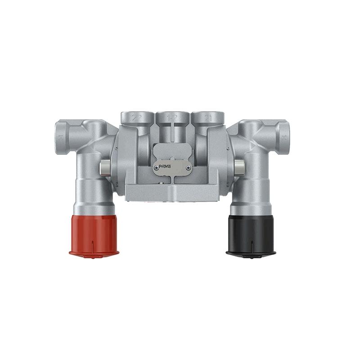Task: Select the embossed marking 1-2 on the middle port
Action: (x=173, y=118)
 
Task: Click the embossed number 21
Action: (x=208, y=118)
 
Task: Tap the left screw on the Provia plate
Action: (x=156, y=167)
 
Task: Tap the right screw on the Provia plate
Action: (x=188, y=167)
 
